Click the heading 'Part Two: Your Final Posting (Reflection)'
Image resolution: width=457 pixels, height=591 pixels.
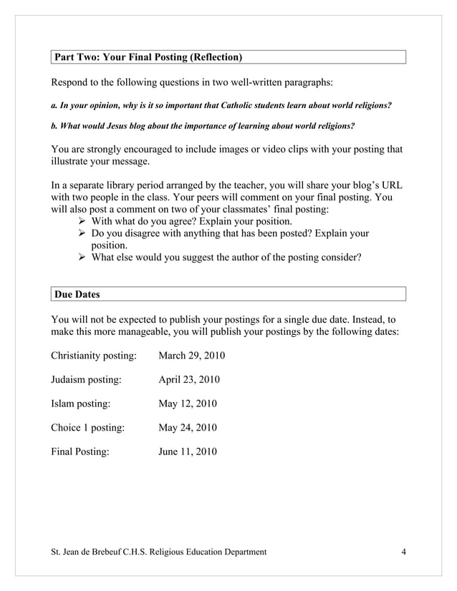[x=148, y=57]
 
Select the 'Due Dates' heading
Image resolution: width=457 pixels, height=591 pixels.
[x=78, y=294]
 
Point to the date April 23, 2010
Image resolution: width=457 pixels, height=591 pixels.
[x=189, y=379]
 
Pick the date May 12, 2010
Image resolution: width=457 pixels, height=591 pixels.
[x=188, y=404]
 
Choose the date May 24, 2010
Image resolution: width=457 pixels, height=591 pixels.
[x=188, y=428]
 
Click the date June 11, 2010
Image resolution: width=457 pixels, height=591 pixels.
[x=188, y=451]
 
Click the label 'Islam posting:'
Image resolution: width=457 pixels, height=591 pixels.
[x=81, y=404]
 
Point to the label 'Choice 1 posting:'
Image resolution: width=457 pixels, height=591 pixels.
[x=88, y=428]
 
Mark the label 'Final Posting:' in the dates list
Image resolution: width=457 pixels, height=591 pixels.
[x=80, y=451]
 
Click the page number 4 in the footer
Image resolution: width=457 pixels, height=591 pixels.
[x=404, y=552]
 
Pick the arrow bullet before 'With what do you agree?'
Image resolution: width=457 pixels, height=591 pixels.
[x=82, y=221]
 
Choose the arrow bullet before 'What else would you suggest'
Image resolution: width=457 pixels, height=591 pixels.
[x=82, y=258]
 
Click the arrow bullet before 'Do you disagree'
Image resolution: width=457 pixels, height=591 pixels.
[x=82, y=233]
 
